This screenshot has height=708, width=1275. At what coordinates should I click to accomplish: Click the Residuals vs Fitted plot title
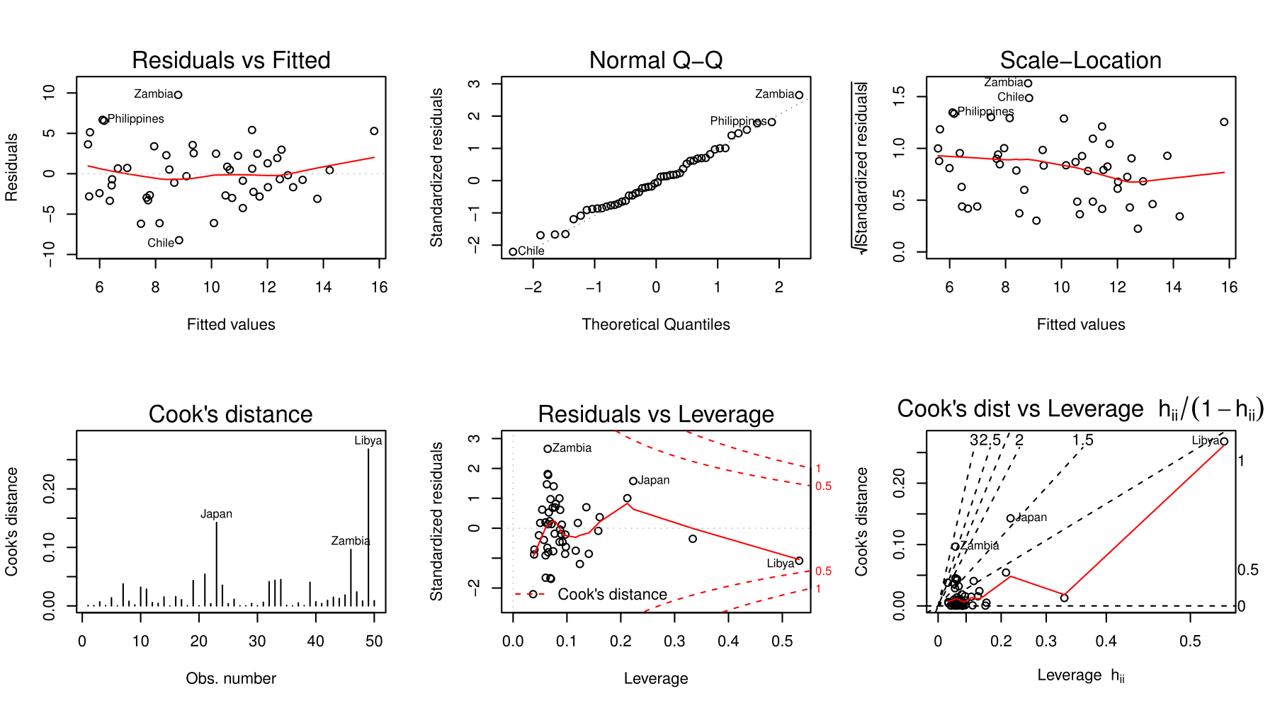pyautogui.click(x=231, y=60)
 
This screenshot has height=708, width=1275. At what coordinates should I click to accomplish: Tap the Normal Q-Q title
pyautogui.click(x=656, y=60)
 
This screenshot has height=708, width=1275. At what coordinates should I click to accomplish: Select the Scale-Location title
pyautogui.click(x=1080, y=60)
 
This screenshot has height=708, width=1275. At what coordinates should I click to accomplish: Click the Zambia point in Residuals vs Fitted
pyautogui.click(x=178, y=95)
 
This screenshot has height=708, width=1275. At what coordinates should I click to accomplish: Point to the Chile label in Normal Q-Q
pyautogui.click(x=531, y=251)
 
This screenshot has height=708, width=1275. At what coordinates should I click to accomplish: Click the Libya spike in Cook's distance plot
pyautogui.click(x=368, y=524)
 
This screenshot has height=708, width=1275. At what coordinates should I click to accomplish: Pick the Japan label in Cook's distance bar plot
pyautogui.click(x=216, y=514)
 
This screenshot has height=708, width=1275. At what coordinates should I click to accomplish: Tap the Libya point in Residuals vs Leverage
pyautogui.click(x=799, y=561)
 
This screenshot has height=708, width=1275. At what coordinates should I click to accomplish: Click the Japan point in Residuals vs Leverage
pyautogui.click(x=633, y=481)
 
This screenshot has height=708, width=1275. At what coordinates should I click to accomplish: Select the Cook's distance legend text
pyautogui.click(x=612, y=595)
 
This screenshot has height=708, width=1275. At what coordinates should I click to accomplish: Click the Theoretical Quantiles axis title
pyautogui.click(x=656, y=324)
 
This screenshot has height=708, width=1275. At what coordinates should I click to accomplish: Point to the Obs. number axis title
pyautogui.click(x=231, y=678)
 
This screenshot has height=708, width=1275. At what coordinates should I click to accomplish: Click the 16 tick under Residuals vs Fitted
pyautogui.click(x=379, y=287)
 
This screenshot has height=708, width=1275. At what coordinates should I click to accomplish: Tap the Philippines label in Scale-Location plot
pyautogui.click(x=985, y=111)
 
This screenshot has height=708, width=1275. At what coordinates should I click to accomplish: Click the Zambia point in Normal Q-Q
pyautogui.click(x=799, y=95)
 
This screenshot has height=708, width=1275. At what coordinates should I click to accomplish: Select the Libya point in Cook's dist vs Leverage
pyautogui.click(x=1223, y=441)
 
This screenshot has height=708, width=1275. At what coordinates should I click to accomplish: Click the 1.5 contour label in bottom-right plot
pyautogui.click(x=1082, y=440)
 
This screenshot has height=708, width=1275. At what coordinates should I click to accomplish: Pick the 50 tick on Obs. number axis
pyautogui.click(x=374, y=641)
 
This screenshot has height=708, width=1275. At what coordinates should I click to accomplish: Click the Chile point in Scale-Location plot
pyautogui.click(x=1029, y=98)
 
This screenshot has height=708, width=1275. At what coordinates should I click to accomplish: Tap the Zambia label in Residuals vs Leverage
pyautogui.click(x=572, y=448)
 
